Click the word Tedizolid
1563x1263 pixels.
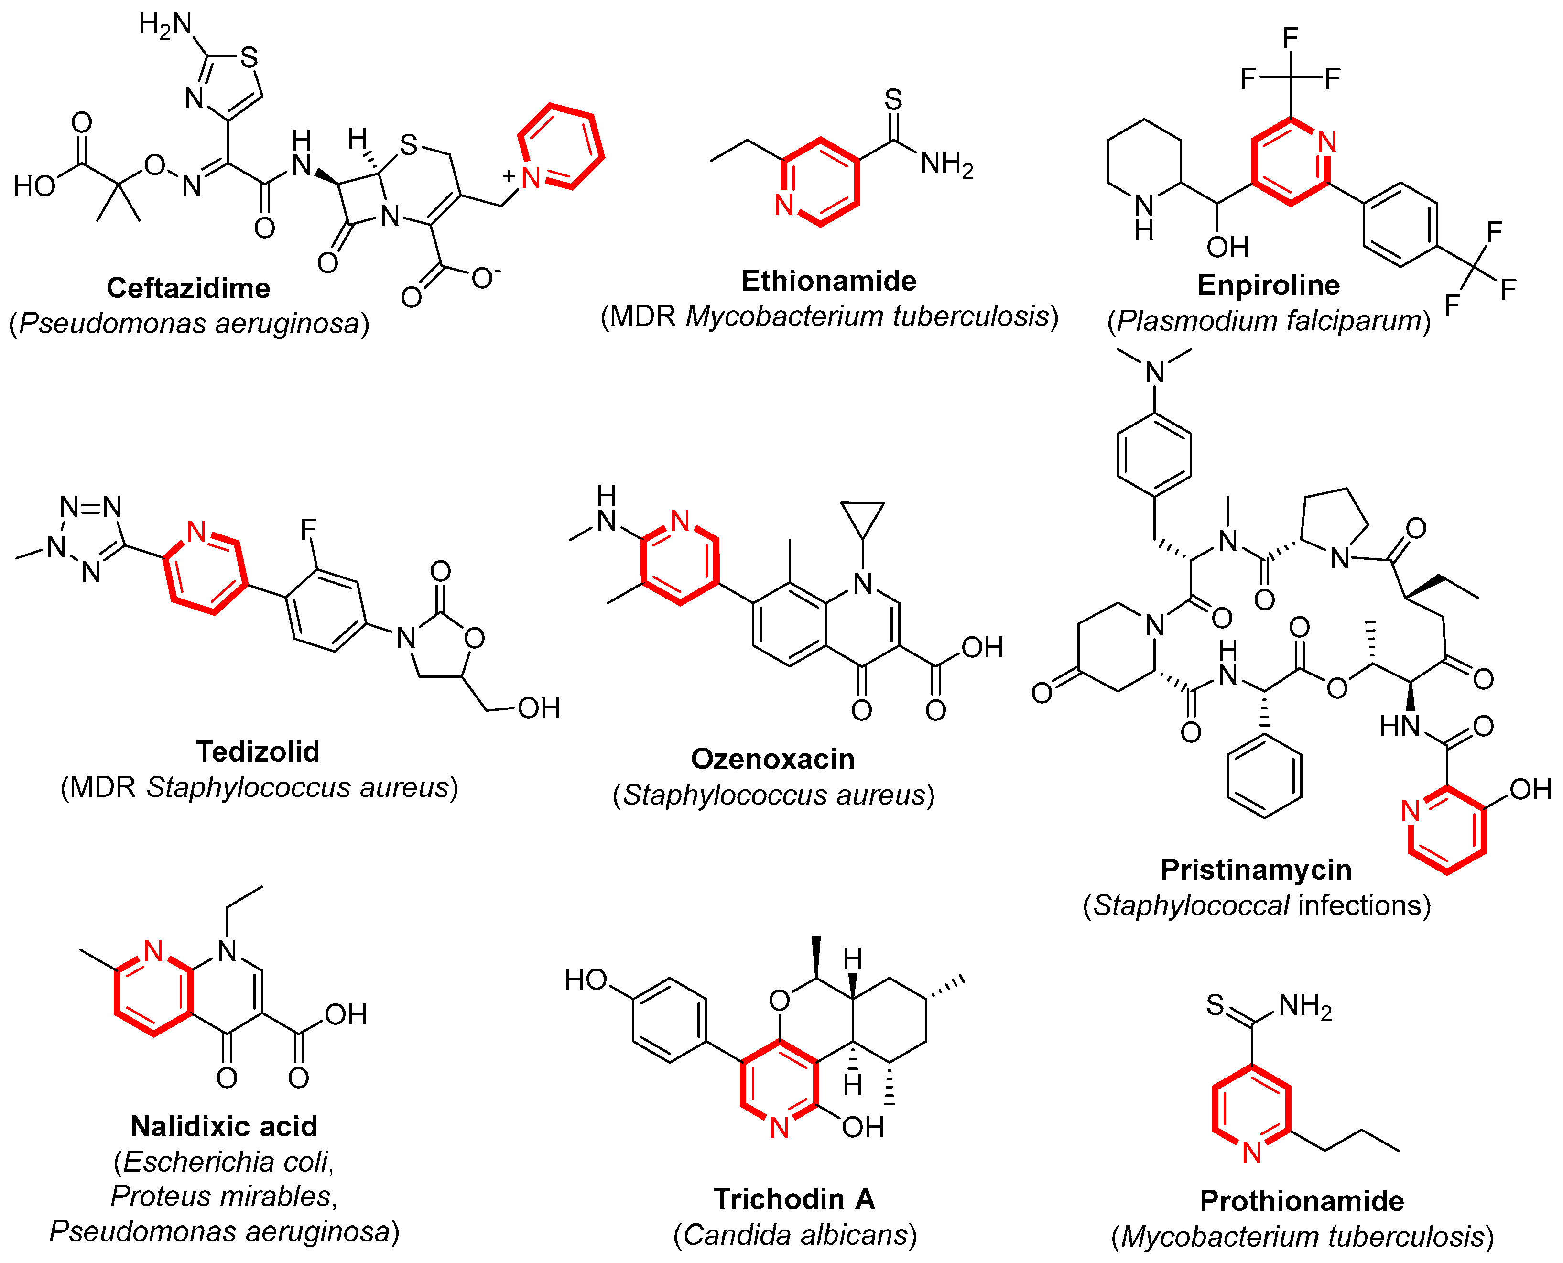coord(258,751)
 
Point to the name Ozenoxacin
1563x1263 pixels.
coord(772,759)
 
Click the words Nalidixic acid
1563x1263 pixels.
coord(224,1126)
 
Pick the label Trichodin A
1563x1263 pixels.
coord(794,1199)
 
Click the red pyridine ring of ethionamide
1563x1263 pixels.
coord(820,182)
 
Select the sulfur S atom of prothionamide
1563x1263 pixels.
coord(1215,1005)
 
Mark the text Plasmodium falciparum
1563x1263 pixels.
coord(1269,321)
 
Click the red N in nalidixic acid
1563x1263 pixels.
coord(153,951)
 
